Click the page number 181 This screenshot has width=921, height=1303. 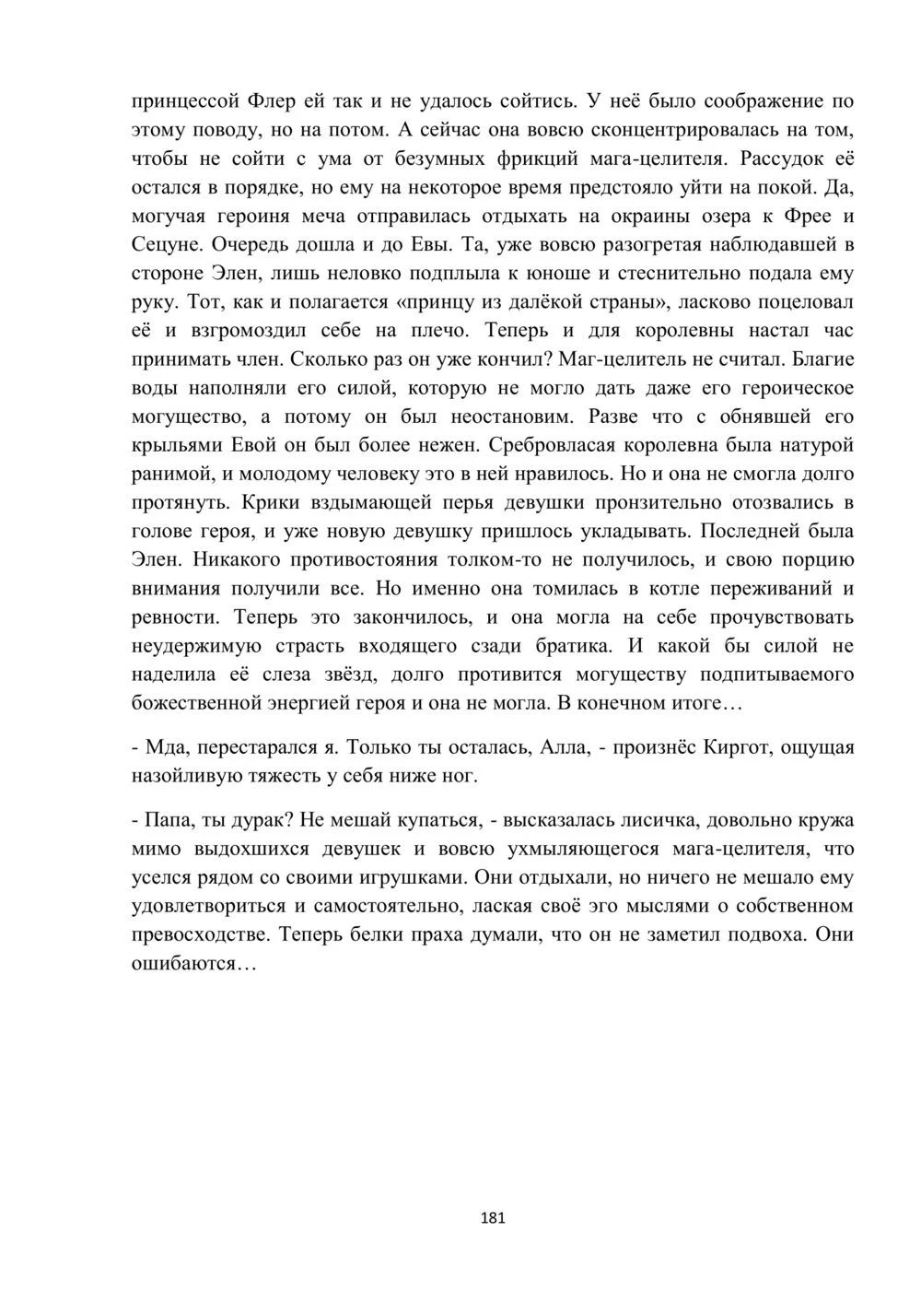click(x=493, y=1217)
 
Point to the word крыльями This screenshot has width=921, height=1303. click(x=175, y=445)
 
